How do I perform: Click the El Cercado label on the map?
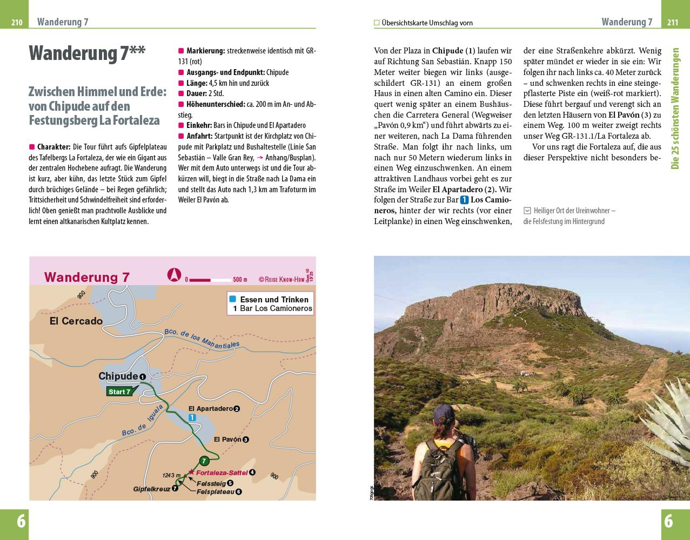pyautogui.click(x=76, y=321)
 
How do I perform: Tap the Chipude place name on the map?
pyautogui.click(x=118, y=376)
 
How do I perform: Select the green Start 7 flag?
pyautogui.click(x=119, y=392)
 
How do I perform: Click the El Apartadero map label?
pyautogui.click(x=210, y=409)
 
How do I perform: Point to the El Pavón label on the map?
pyautogui.click(x=227, y=440)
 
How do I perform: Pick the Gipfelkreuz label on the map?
pyautogui.click(x=151, y=489)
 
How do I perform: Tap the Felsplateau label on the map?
pyautogui.click(x=215, y=492)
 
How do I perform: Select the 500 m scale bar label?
pyautogui.click(x=239, y=280)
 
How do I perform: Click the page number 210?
pyautogui.click(x=17, y=22)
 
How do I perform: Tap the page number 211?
pyautogui.click(x=673, y=22)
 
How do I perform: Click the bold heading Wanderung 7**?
pyautogui.click(x=86, y=54)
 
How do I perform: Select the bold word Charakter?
pyautogui.click(x=54, y=147)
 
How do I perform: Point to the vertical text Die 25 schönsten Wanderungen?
pyautogui.click(x=675, y=108)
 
